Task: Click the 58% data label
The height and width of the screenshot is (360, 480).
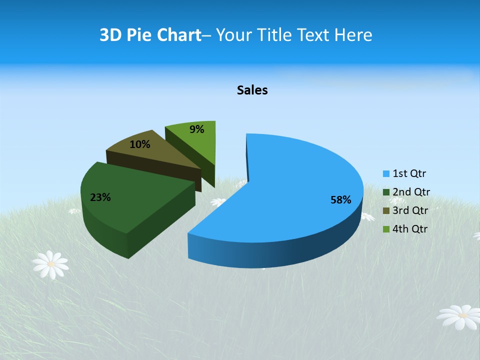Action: (x=340, y=200)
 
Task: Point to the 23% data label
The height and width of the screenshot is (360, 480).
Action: (x=100, y=197)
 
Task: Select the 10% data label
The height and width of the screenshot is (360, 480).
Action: (x=139, y=144)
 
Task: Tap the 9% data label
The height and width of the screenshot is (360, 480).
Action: (x=197, y=129)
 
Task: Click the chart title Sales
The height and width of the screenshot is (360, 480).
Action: (x=252, y=90)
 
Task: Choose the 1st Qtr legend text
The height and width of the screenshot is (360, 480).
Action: (x=409, y=173)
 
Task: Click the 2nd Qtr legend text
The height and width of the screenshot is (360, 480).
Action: (x=411, y=192)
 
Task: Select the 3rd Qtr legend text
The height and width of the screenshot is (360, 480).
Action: (x=410, y=210)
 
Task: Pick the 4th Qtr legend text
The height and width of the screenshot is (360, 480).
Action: (x=410, y=229)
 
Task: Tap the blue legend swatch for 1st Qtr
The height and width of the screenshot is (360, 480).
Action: (x=386, y=174)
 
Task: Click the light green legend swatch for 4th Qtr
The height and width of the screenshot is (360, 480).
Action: (x=386, y=229)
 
